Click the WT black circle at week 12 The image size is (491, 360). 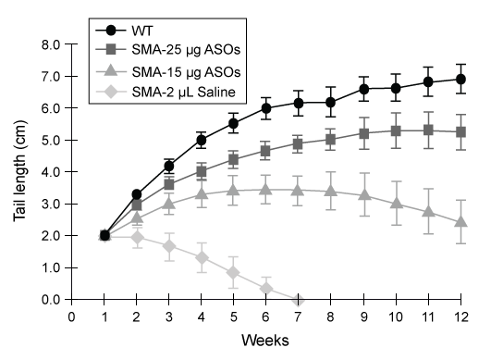[460, 80]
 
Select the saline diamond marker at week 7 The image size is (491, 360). [298, 300]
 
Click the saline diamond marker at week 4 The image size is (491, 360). [201, 257]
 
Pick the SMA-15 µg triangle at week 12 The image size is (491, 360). [460, 222]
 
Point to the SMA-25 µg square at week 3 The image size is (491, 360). [168, 184]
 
